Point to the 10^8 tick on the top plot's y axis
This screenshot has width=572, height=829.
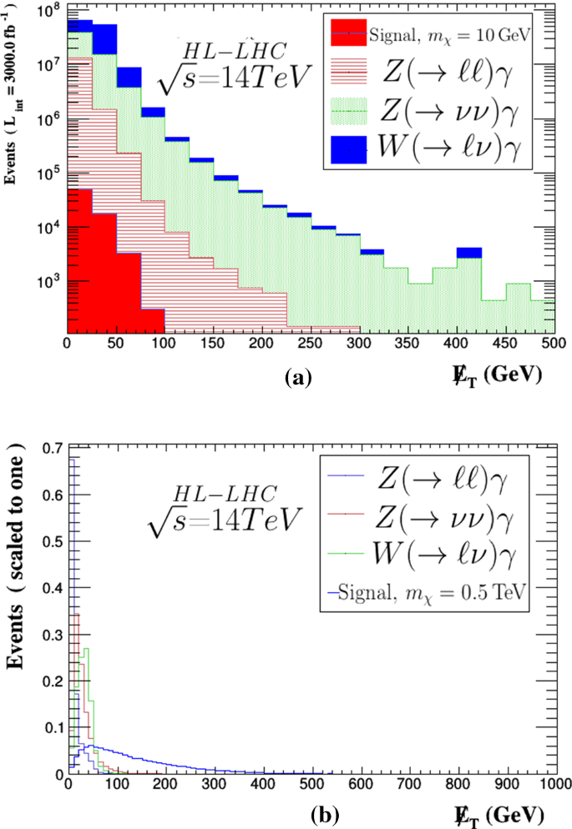(x=48, y=11)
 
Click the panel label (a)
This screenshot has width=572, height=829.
(x=297, y=378)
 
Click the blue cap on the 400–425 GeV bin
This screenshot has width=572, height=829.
(x=469, y=253)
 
